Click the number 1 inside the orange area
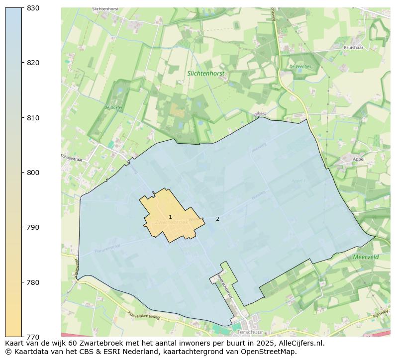(170, 217)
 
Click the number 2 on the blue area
(217, 219)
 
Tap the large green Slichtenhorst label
(206, 73)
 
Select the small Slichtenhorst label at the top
(105, 9)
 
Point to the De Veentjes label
(300, 66)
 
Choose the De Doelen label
(113, 107)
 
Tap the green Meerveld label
(366, 257)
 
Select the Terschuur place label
(250, 332)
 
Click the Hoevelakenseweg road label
(143, 315)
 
